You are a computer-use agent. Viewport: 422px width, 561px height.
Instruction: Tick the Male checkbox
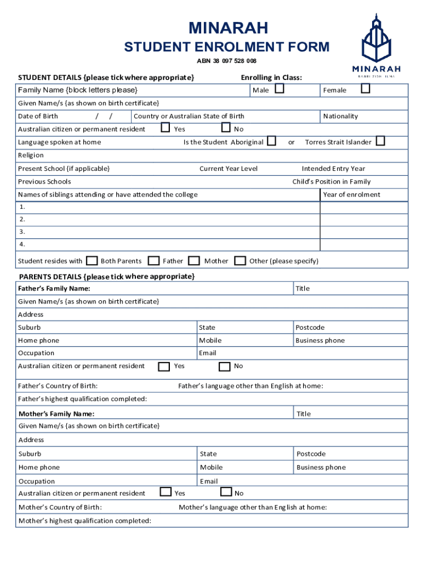(x=279, y=89)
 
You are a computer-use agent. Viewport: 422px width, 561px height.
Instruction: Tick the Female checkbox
(x=366, y=89)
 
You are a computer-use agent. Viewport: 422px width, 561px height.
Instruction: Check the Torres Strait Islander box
(x=380, y=141)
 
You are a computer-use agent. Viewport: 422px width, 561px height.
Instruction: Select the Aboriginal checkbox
(x=271, y=141)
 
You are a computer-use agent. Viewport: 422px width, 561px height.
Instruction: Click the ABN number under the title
(x=227, y=61)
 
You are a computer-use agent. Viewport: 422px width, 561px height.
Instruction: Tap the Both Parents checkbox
(x=93, y=260)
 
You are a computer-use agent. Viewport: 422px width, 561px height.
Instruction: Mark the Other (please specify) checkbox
(x=239, y=260)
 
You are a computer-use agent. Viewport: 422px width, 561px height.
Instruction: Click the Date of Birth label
(x=38, y=116)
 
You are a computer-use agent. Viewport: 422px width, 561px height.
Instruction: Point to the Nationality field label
(x=340, y=116)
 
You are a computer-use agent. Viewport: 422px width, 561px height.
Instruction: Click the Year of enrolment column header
(x=351, y=194)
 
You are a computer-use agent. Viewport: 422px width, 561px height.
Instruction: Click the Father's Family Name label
(x=54, y=288)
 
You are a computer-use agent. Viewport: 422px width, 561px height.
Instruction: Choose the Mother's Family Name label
(x=56, y=414)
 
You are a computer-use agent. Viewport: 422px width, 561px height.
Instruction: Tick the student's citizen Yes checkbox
(x=165, y=128)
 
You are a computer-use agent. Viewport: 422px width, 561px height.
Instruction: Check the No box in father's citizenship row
(x=225, y=366)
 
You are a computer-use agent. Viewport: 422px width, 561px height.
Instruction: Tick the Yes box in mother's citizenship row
(x=166, y=492)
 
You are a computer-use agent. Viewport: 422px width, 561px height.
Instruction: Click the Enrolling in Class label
(x=271, y=77)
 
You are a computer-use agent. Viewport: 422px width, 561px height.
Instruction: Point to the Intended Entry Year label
(x=333, y=169)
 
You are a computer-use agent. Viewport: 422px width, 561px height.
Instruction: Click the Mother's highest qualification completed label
(x=85, y=520)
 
